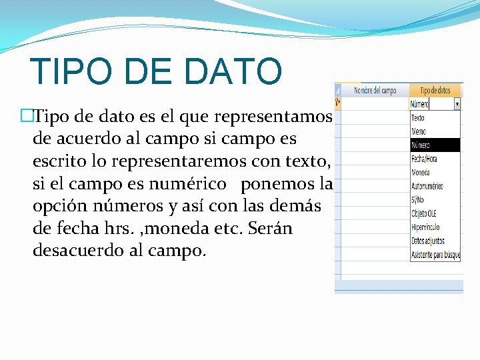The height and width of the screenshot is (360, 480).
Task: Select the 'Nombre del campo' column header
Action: (x=375, y=90)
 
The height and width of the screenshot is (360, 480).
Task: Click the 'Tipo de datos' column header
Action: (x=435, y=90)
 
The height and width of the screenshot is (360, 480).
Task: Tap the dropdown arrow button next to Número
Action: (x=457, y=104)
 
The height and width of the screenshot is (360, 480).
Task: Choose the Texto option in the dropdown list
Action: (x=418, y=118)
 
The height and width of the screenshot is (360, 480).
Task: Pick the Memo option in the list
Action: (x=419, y=131)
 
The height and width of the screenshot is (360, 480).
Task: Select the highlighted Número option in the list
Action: (x=421, y=145)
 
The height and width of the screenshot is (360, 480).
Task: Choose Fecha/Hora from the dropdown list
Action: (x=425, y=159)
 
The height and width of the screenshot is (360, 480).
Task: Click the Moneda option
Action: (x=421, y=172)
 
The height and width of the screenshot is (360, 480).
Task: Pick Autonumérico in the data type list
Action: (x=427, y=186)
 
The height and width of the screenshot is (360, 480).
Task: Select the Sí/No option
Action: (x=418, y=200)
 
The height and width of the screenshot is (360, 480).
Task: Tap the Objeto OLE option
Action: (x=424, y=213)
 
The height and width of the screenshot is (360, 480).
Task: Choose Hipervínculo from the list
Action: (x=425, y=227)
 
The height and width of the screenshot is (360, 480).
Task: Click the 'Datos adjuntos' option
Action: (x=426, y=241)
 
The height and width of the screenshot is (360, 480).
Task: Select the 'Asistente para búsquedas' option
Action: (x=435, y=255)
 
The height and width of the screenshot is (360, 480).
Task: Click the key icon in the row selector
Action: (x=337, y=103)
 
